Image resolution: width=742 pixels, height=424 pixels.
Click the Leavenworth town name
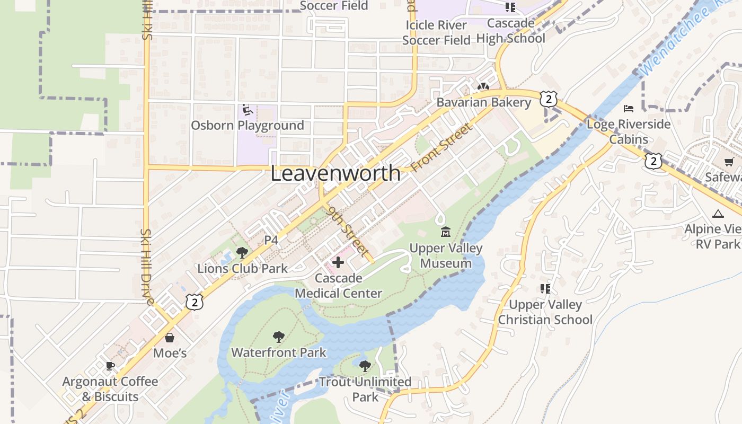335,173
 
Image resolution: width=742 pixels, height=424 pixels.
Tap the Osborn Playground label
248,126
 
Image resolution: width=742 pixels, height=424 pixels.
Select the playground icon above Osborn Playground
247,110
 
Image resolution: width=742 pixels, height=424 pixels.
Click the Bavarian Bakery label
483,102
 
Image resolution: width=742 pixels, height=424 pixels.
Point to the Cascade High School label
510,31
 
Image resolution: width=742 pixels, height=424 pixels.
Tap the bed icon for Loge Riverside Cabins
629,109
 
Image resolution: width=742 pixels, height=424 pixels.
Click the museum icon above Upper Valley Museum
446,232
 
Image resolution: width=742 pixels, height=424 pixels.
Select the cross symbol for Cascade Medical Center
338,262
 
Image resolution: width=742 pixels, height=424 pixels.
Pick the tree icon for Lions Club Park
242,253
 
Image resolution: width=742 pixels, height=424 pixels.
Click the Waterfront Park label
279,352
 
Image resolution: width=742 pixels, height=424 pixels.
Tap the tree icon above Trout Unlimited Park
365,366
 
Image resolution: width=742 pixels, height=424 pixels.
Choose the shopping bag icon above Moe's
170,338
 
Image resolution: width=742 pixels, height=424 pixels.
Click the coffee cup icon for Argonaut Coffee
110,366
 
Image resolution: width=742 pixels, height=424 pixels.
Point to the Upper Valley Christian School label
545,312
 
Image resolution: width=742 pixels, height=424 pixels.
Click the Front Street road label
441,147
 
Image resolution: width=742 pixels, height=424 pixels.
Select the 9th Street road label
349,232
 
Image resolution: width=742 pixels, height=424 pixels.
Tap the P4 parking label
271,240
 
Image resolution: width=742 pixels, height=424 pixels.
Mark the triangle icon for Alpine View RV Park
718,214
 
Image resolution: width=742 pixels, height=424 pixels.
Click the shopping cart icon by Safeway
729,162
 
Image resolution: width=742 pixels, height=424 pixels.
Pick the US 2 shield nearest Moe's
195,302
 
